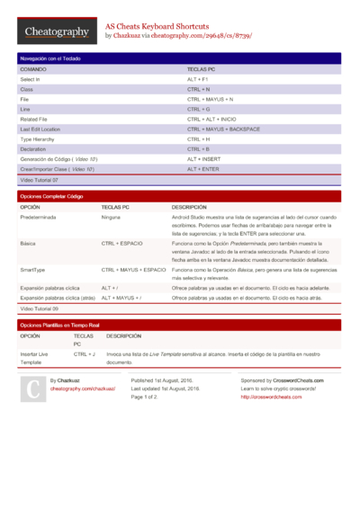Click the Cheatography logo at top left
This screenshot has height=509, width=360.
56,31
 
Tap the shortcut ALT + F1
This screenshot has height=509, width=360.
199,79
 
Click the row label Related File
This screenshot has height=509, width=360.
37,119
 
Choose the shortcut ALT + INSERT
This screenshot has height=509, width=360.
204,159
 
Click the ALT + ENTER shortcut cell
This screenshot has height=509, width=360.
203,169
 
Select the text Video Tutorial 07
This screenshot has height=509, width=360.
40,180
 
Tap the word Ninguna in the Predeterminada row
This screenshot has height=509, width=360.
111,218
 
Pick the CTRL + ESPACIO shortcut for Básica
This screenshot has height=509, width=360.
121,244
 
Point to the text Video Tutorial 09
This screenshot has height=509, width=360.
40,308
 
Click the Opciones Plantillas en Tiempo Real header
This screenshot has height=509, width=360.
59,325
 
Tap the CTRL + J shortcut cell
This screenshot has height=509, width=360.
85,355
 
